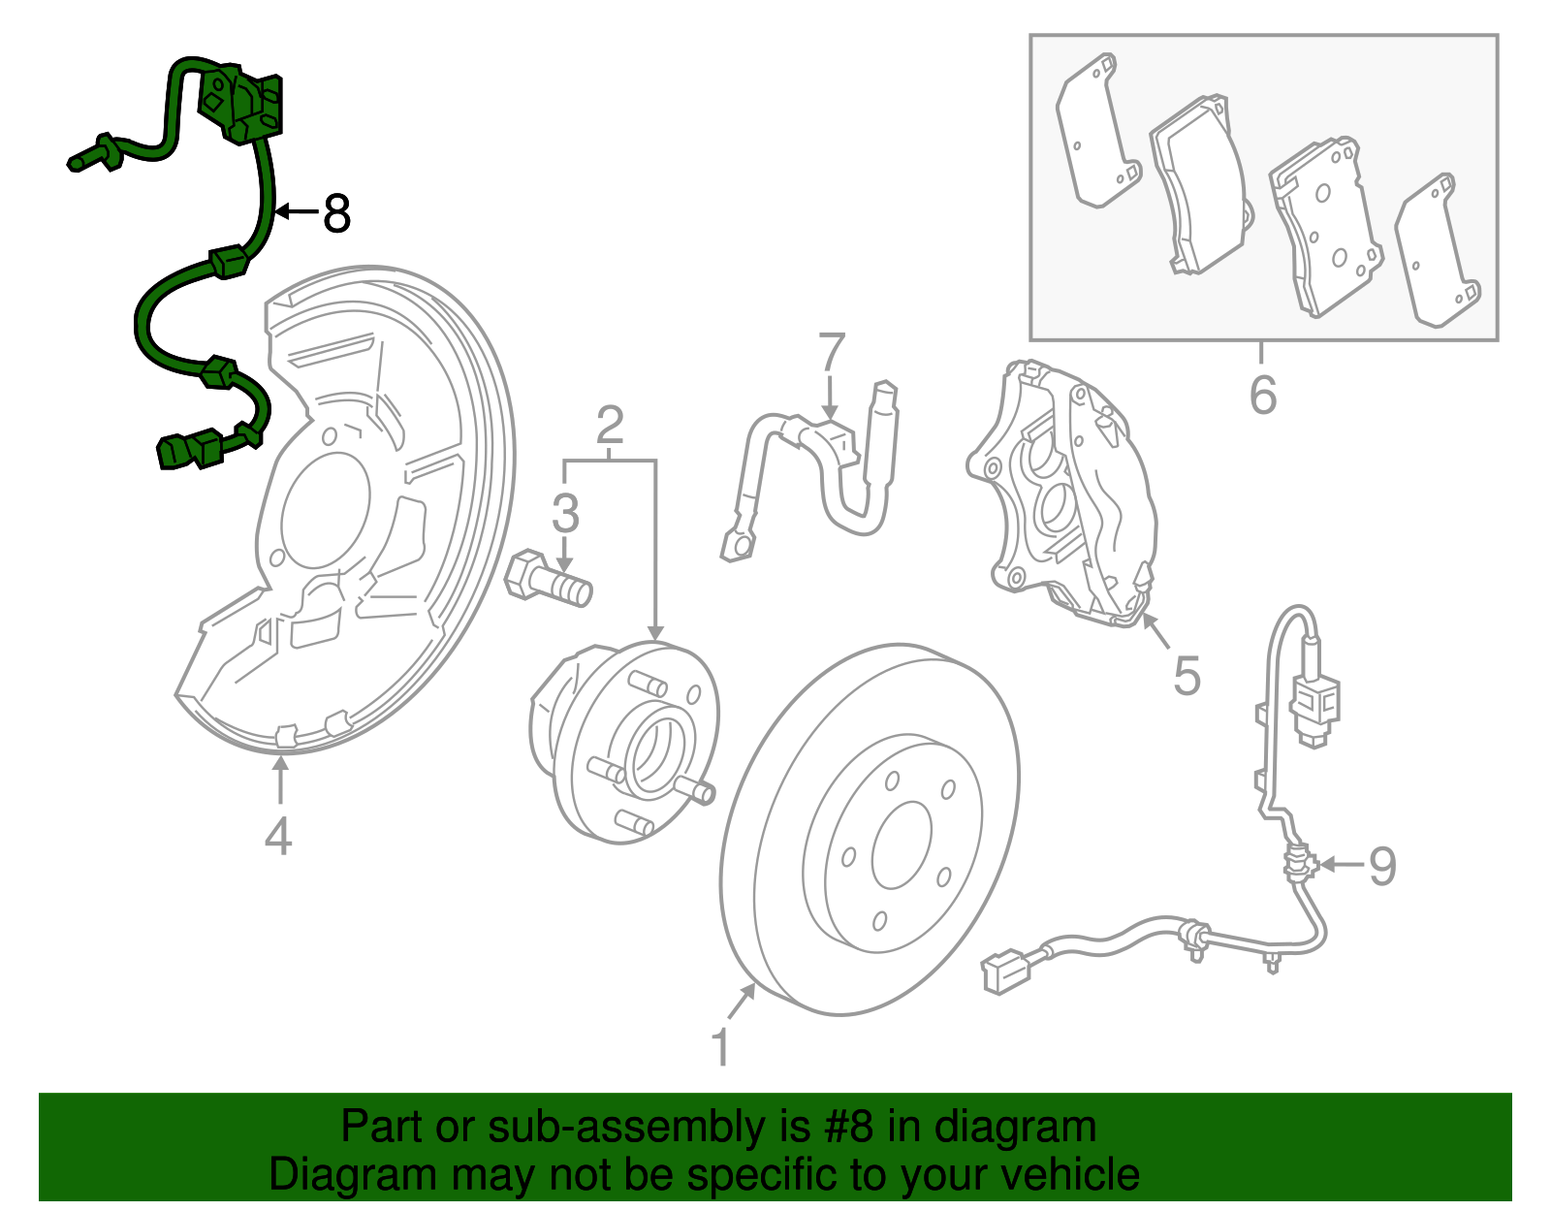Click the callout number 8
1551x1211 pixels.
pos(336,213)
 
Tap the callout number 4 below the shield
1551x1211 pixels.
pos(278,836)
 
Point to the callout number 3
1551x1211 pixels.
pos(565,513)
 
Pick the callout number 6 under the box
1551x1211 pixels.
pos(1263,395)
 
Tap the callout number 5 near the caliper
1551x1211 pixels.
pos(1187,675)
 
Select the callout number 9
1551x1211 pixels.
pos(1382,865)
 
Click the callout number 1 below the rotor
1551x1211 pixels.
pos(720,1047)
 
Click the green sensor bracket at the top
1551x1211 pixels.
pos(242,103)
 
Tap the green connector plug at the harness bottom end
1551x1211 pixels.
pos(180,452)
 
